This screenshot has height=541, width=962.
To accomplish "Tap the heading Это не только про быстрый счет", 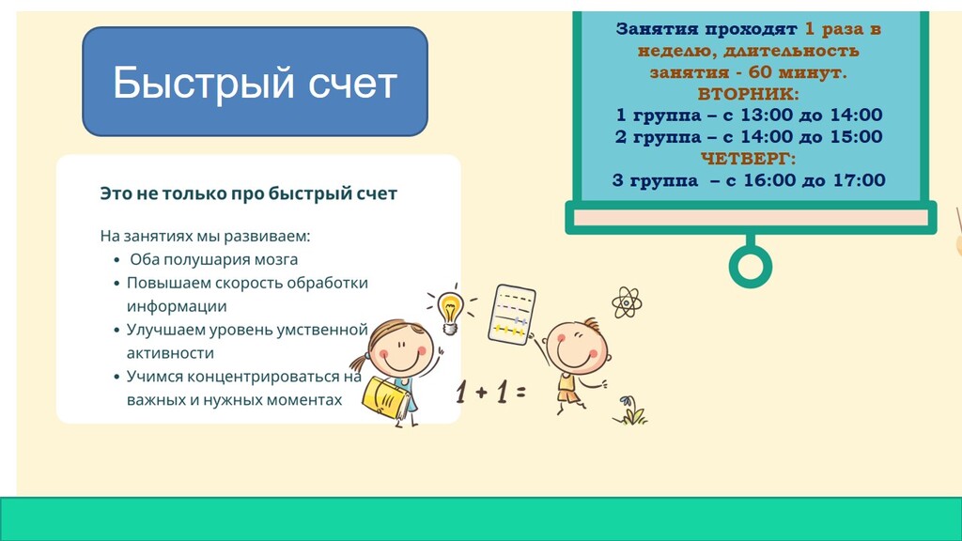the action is coord(248,193).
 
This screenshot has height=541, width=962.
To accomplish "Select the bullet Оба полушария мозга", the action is coord(213,259).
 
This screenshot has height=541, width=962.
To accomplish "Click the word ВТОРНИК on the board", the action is coord(749,94).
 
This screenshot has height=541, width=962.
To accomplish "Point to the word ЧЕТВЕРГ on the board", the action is coord(749,158).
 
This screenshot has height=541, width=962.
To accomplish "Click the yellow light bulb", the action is coord(450,310).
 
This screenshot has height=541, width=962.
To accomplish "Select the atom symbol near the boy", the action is coord(627,302).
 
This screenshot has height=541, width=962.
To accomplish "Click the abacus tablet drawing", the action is coord(512,314).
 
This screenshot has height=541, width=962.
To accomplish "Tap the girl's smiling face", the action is coord(400,349).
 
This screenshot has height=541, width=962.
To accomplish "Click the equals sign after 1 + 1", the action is coord(520,392).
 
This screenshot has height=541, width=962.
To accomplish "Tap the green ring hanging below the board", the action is coord(751,266).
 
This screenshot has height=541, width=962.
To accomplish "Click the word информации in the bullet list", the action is coord(177,306).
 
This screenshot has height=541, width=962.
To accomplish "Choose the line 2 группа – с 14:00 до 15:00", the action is coord(749,137).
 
